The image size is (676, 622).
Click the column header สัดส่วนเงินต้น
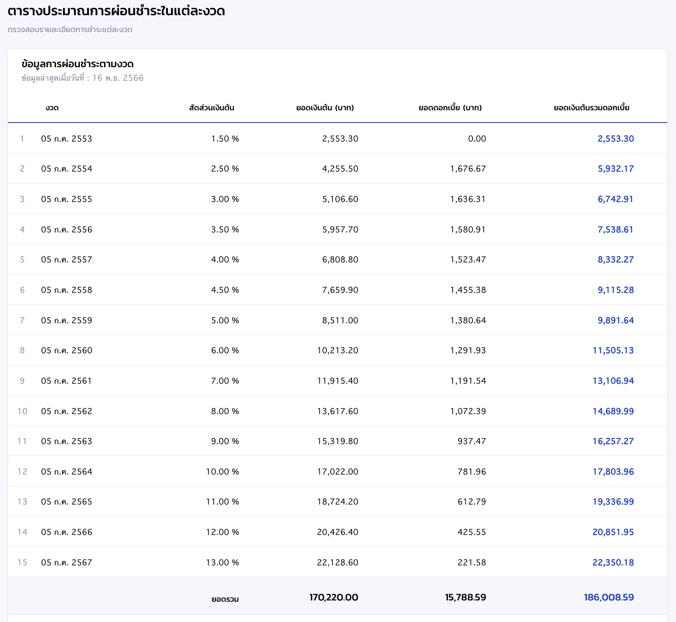[x=212, y=108]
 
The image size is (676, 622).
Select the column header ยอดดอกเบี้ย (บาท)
[x=450, y=108]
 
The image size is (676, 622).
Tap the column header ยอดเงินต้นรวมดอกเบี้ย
[x=591, y=108]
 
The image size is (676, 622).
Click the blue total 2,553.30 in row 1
[x=616, y=139]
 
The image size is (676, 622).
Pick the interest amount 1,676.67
[x=468, y=169]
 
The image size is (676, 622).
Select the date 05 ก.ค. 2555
[x=66, y=199]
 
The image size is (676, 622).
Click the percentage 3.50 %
[x=225, y=229]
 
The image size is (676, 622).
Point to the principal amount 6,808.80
[x=340, y=260]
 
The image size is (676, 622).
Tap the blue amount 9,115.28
[x=616, y=290]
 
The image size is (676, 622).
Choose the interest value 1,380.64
[x=468, y=320]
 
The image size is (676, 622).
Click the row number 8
[x=22, y=350]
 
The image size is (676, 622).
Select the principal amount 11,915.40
[x=338, y=381]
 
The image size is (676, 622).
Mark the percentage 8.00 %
[x=225, y=411]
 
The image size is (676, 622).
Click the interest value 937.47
[x=472, y=441]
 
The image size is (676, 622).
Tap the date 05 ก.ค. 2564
[x=66, y=472]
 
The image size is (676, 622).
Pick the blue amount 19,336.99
[x=613, y=502]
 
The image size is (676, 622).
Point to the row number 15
[x=22, y=562]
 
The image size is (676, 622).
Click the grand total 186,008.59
[x=609, y=597]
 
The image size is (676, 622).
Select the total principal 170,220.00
[x=334, y=597]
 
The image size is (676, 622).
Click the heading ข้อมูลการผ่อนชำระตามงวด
[x=77, y=64]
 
